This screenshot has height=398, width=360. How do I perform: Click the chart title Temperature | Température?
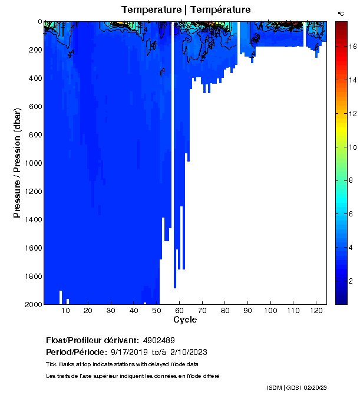point(186,9)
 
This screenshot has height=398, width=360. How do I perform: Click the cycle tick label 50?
point(156,310)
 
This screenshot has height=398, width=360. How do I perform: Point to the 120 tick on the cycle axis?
point(316,310)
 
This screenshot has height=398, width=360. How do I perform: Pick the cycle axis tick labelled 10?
point(65,310)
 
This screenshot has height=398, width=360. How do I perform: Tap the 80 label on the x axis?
point(225,310)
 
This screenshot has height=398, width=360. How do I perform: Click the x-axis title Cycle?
point(185,320)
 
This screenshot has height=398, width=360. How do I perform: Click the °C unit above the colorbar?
point(341,13)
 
